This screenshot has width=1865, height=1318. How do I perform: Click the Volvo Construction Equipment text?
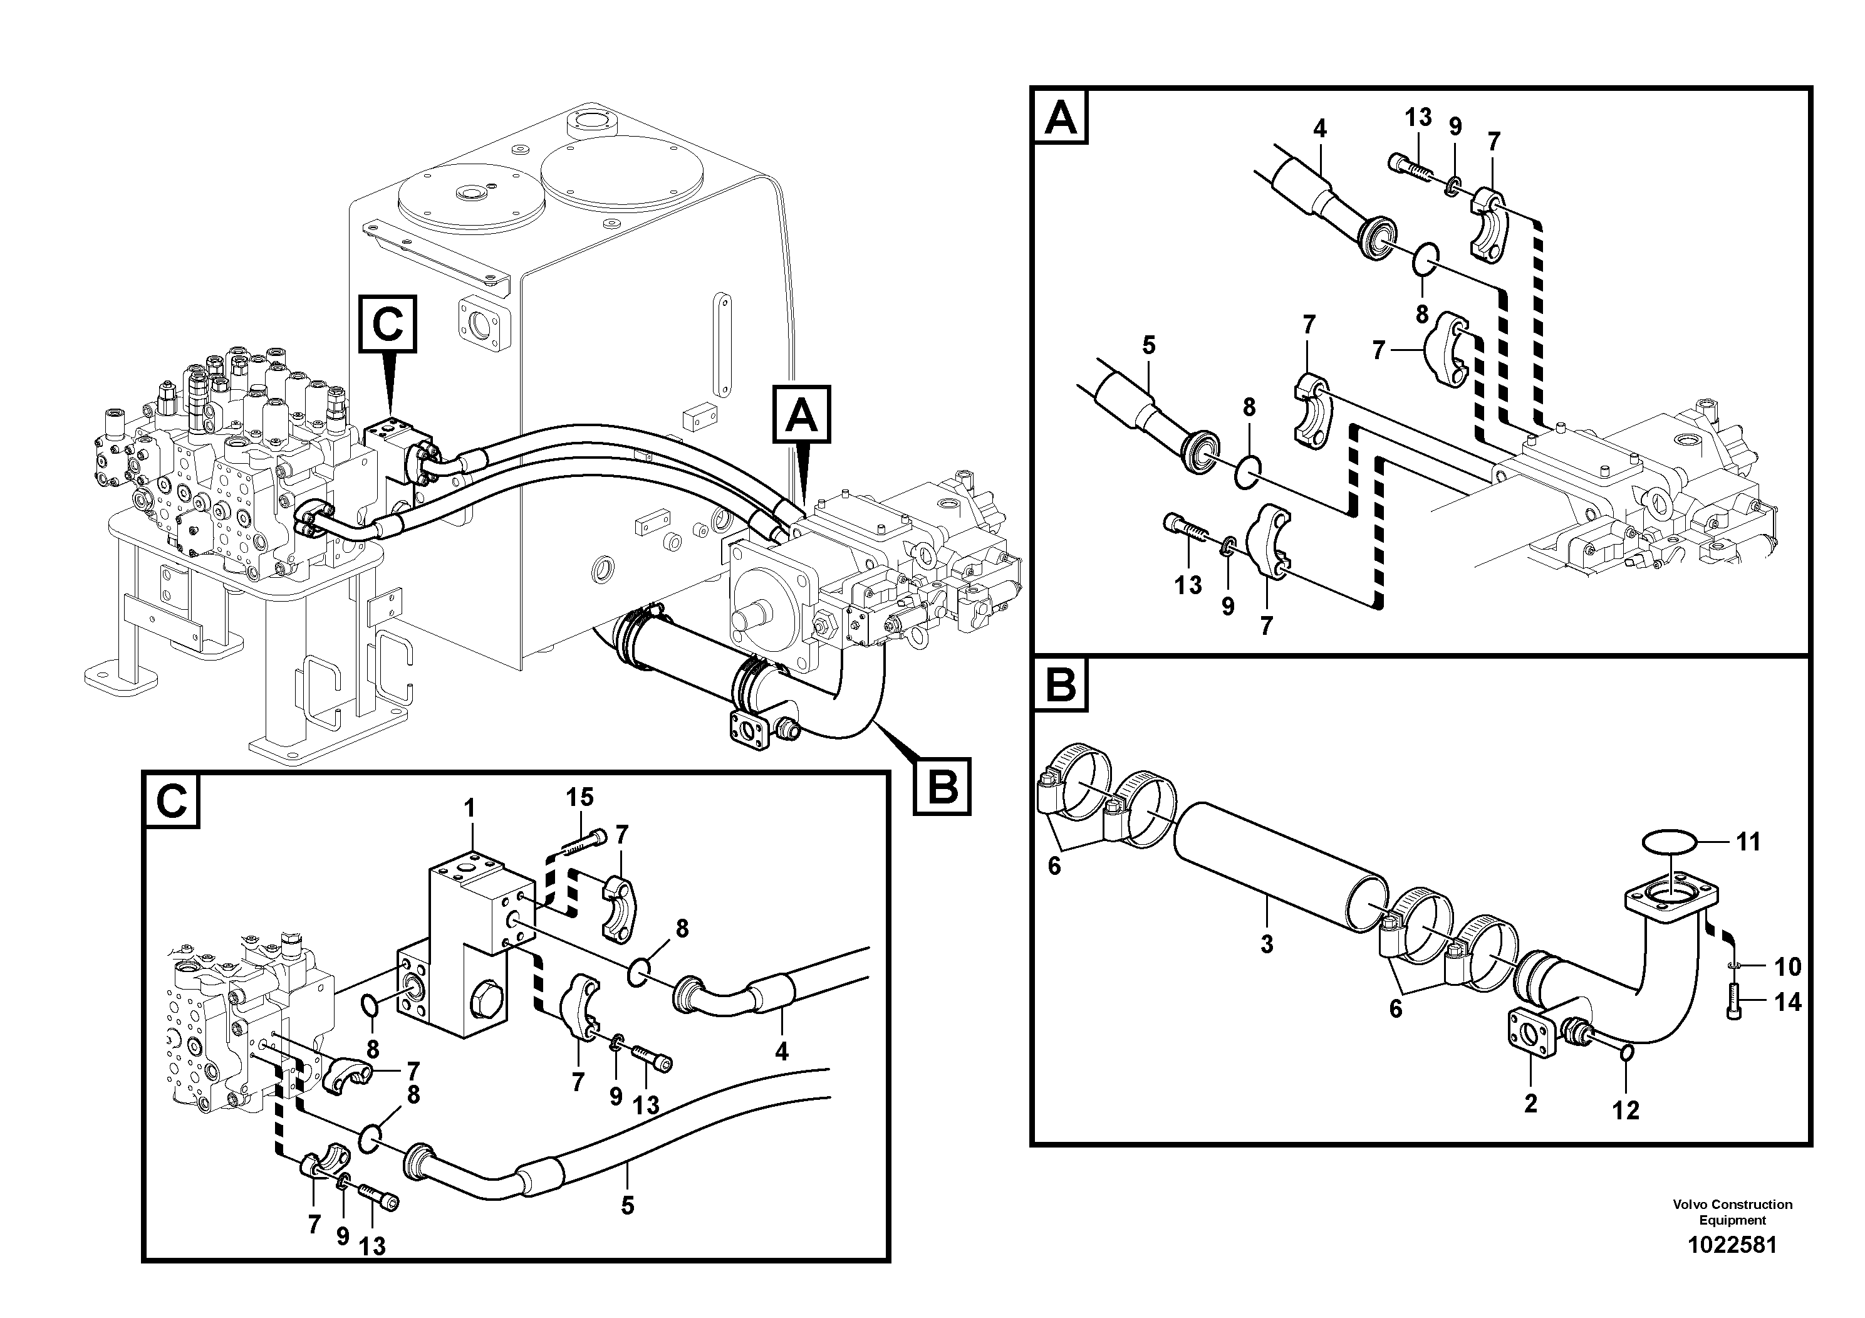pos(1732,1211)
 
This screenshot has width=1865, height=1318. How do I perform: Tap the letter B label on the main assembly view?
pos(942,786)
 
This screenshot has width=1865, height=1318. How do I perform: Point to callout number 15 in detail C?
pos(580,797)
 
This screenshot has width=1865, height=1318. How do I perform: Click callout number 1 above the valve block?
pos(469,808)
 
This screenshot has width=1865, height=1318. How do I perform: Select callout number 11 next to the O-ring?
pos(1748,842)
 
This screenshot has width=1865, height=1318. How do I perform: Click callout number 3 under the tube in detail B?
pos(1266,944)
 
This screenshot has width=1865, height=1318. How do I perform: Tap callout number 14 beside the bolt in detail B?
pos(1787,1003)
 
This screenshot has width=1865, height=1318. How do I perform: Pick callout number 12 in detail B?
pos(1626,1110)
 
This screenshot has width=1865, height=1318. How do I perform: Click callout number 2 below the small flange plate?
pos(1530,1104)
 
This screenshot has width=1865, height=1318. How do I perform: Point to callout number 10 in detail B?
pos(1787,967)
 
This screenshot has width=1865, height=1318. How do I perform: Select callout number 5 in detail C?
pos(627,1206)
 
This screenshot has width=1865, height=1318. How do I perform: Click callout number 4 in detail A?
pos(1319,128)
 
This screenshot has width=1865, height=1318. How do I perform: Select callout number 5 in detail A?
pos(1148,345)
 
